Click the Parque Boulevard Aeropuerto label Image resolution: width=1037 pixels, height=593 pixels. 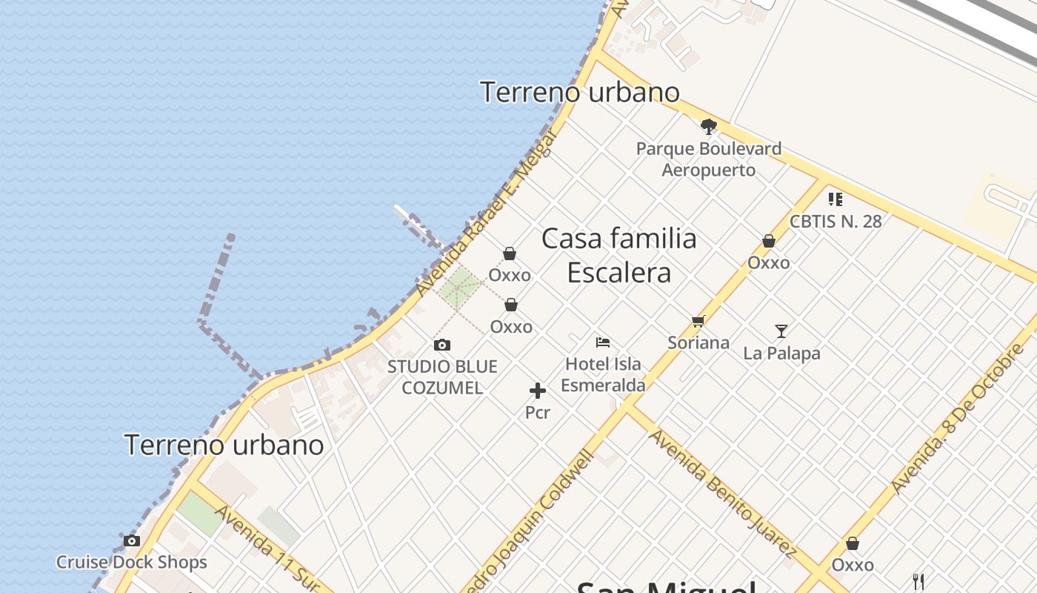click(709, 159)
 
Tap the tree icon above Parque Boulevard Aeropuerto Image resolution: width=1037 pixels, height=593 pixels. click(709, 127)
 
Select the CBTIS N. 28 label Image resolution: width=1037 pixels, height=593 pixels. click(836, 221)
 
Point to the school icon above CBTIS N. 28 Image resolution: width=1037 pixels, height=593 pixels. click(836, 199)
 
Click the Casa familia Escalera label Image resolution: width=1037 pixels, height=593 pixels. click(619, 255)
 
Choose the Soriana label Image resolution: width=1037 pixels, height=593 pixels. click(698, 342)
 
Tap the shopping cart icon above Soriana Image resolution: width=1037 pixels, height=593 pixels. click(698, 321)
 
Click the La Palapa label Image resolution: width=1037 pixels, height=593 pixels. click(781, 354)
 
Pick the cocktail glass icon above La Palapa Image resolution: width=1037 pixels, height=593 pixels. click(781, 331)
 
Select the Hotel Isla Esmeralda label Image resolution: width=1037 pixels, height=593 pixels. click(603, 374)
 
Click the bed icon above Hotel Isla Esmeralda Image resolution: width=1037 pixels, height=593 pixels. click(603, 342)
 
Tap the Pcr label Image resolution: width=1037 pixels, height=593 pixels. click(538, 412)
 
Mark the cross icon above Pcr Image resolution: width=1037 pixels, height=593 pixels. click(538, 391)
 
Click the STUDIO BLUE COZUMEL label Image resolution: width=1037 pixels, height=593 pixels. click(442, 377)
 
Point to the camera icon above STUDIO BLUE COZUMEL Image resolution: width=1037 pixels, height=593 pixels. click(442, 345)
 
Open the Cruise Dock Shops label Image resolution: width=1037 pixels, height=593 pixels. click(132, 562)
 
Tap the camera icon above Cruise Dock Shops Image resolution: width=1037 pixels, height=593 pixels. click(132, 540)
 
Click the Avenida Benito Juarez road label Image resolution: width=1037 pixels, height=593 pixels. click(722, 492)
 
